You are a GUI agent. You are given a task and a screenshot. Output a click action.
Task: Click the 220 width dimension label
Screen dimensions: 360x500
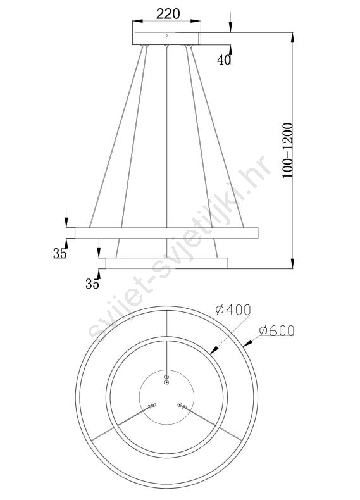(x=168, y=14)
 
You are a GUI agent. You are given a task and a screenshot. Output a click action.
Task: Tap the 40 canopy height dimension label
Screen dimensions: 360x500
(x=224, y=59)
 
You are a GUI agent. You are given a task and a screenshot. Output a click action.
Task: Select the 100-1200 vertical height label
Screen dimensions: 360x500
(x=288, y=150)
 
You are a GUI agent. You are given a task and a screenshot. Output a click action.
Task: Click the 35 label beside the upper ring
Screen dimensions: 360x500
(x=60, y=254)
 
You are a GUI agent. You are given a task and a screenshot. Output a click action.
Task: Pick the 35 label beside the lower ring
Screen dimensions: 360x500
(x=92, y=284)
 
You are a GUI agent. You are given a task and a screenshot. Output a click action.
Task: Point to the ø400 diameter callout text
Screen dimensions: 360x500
(x=233, y=309)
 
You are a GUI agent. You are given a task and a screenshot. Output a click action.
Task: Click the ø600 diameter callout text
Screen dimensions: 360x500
(x=276, y=331)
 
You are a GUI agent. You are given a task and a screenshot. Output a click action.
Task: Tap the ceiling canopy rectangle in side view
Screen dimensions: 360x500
(x=167, y=38)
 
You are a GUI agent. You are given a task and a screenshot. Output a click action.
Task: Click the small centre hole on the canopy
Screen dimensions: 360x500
(x=166, y=35)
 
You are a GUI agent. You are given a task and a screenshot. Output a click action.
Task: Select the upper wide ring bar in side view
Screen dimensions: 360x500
(x=166, y=233)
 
